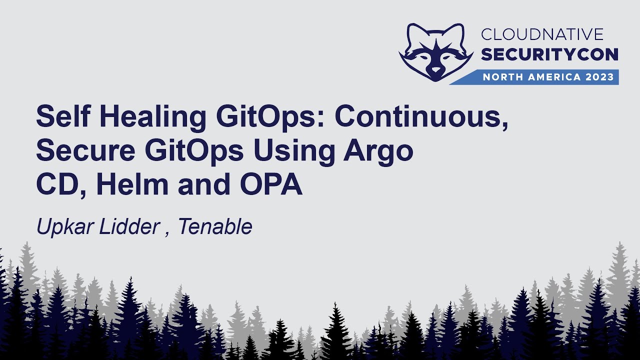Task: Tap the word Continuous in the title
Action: (x=421, y=117)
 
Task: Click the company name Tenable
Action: (x=215, y=227)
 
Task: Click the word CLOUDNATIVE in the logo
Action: (x=542, y=34)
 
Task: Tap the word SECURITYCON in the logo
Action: (x=549, y=54)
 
